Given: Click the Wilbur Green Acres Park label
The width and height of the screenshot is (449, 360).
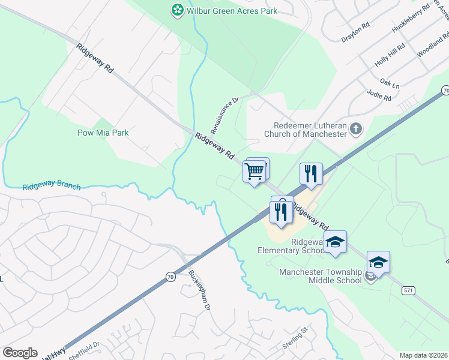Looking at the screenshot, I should tap(231, 10).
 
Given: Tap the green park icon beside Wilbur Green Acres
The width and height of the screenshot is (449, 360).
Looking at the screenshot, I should tap(177, 10).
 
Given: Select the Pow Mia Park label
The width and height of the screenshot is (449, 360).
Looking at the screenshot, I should tap(103, 133).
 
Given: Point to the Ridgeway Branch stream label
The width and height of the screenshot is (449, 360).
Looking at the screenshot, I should tap(52, 185).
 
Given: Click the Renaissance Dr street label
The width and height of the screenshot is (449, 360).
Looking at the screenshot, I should tap(225, 115).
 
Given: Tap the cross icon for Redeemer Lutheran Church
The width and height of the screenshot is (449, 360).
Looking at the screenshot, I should tap(356, 128).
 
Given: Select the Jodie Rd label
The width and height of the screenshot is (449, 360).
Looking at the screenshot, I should tap(379, 94).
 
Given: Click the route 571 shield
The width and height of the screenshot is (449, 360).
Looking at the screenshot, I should tap(409, 290).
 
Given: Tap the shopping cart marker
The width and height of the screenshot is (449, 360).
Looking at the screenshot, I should tap(255, 171).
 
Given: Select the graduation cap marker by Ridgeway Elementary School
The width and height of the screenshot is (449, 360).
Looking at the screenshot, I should tap(336, 242).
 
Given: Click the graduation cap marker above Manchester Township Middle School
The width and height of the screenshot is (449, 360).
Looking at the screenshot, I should tap(378, 262).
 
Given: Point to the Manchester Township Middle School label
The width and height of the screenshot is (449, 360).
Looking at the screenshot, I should tap(321, 276).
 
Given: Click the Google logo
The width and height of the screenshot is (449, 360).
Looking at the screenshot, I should tap(20, 353).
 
